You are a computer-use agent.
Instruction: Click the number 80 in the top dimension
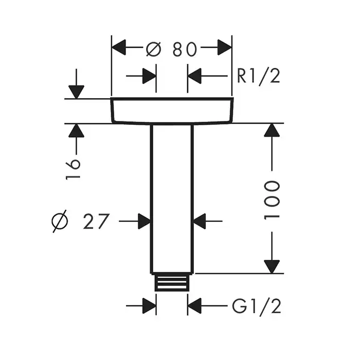point(184,49)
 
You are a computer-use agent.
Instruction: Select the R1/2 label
point(258,76)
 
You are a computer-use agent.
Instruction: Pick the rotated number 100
point(273,200)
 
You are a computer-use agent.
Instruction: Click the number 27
point(96,222)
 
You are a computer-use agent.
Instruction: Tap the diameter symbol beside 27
point(60,222)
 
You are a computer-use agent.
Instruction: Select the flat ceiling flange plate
point(172,111)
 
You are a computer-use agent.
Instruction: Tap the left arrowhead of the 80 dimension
point(120,49)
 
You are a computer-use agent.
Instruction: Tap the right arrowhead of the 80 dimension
point(224,49)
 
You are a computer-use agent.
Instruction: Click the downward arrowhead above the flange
point(76,91)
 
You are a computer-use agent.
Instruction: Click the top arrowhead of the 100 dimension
point(272,131)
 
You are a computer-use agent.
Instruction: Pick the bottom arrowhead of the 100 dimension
point(272,266)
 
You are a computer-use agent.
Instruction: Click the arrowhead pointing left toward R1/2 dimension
point(195,76)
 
